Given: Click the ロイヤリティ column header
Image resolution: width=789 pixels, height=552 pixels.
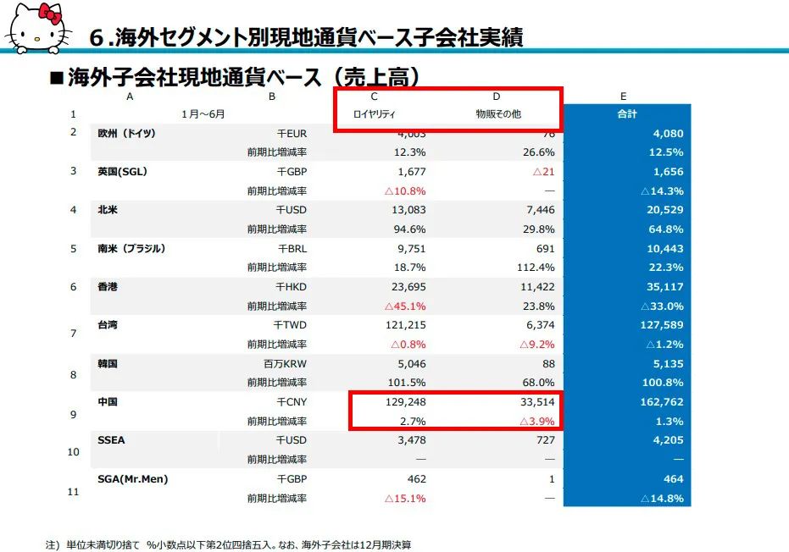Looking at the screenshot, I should click(x=375, y=113).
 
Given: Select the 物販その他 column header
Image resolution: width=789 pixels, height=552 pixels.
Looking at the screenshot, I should click(x=497, y=113).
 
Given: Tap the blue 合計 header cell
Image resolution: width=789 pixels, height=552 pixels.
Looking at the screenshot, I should click(x=626, y=113).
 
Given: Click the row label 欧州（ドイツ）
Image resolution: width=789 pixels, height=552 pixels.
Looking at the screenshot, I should click(x=127, y=134).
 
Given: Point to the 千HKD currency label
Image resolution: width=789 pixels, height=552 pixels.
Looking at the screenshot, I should click(x=292, y=287).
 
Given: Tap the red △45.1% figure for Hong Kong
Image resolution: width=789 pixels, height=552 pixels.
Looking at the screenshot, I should click(x=405, y=306).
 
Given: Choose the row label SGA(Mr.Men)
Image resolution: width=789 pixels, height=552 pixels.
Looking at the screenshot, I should click(x=133, y=479).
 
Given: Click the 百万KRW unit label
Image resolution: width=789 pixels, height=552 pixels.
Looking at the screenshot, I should click(x=286, y=364).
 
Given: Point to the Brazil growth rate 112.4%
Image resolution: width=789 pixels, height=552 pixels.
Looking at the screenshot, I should click(x=536, y=268).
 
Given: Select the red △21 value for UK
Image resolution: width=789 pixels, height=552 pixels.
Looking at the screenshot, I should click(x=542, y=172).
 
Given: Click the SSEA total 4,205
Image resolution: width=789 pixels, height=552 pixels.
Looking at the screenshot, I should click(x=667, y=440).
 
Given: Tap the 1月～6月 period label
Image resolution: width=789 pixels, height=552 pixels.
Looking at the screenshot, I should click(x=203, y=113).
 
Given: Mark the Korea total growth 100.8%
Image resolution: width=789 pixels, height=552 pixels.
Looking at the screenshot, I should click(x=664, y=383).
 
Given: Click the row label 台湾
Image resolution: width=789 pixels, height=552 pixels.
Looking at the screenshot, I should click(x=108, y=325).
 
